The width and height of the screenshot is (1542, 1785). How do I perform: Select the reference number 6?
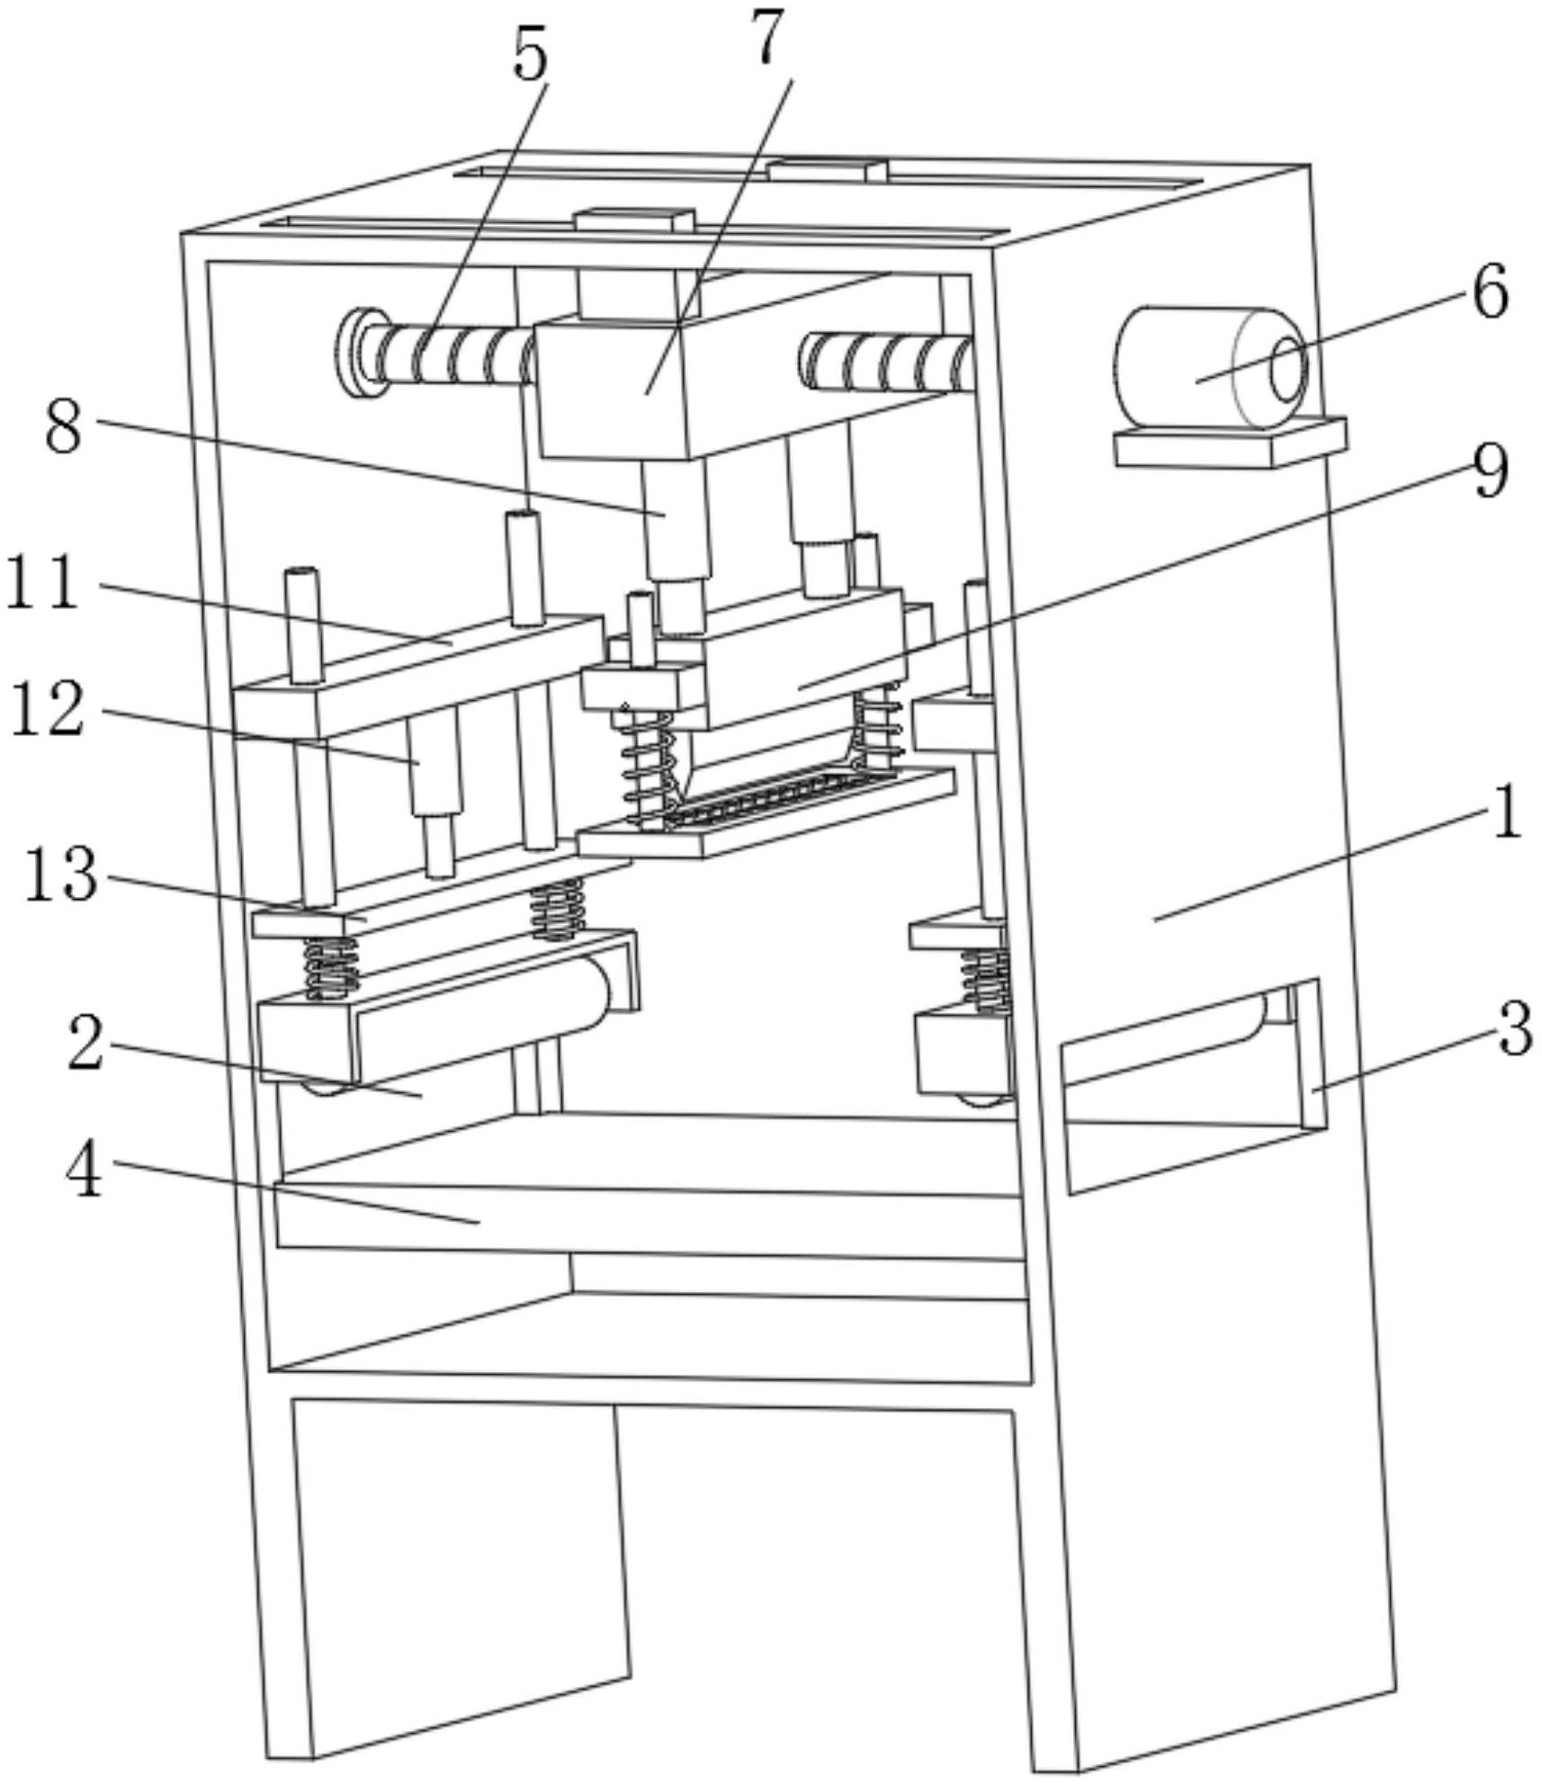pyautogui.click(x=1491, y=294)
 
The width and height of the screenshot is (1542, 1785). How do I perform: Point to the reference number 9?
pyautogui.click(x=1491, y=471)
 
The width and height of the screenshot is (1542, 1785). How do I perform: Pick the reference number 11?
pyautogui.click(x=42, y=584)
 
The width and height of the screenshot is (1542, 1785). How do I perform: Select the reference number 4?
pyautogui.click(x=85, y=1172)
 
